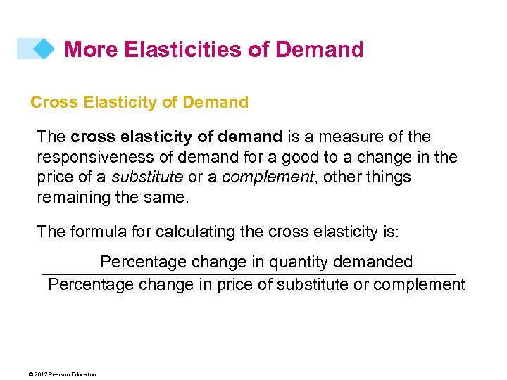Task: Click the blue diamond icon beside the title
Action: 43,49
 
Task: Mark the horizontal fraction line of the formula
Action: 249,274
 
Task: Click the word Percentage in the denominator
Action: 91,284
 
